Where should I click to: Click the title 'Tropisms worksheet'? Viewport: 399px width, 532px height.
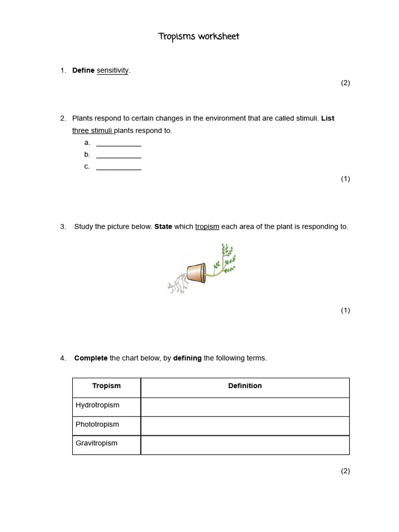[x=199, y=37]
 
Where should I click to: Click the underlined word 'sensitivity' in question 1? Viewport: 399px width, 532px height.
[x=112, y=71]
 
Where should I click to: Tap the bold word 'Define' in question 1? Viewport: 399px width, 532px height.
[x=83, y=71]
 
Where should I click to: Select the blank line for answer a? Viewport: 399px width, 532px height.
[x=118, y=143]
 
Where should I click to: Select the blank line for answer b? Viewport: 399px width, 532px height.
[x=118, y=155]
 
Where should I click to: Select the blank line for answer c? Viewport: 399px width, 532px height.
[x=118, y=167]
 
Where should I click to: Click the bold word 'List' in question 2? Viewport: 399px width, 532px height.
[x=328, y=118]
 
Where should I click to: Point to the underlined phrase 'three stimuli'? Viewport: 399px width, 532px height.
[x=92, y=131]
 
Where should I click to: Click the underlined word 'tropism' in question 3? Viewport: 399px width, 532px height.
[x=207, y=227]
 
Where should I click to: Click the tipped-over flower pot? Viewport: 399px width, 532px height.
[x=195, y=272]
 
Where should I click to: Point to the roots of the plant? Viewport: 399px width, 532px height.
[x=178, y=283]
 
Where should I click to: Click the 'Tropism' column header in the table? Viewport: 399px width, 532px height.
[x=107, y=386]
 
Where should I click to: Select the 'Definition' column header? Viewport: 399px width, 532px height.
[x=245, y=386]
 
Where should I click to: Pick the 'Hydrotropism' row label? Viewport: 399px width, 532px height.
[x=98, y=405]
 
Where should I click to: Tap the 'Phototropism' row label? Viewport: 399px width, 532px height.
[x=97, y=424]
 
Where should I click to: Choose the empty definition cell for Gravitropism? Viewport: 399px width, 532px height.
[x=245, y=445]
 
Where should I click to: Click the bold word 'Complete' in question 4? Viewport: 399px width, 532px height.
[x=91, y=358]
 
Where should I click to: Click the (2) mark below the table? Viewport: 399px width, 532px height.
[x=345, y=471]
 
